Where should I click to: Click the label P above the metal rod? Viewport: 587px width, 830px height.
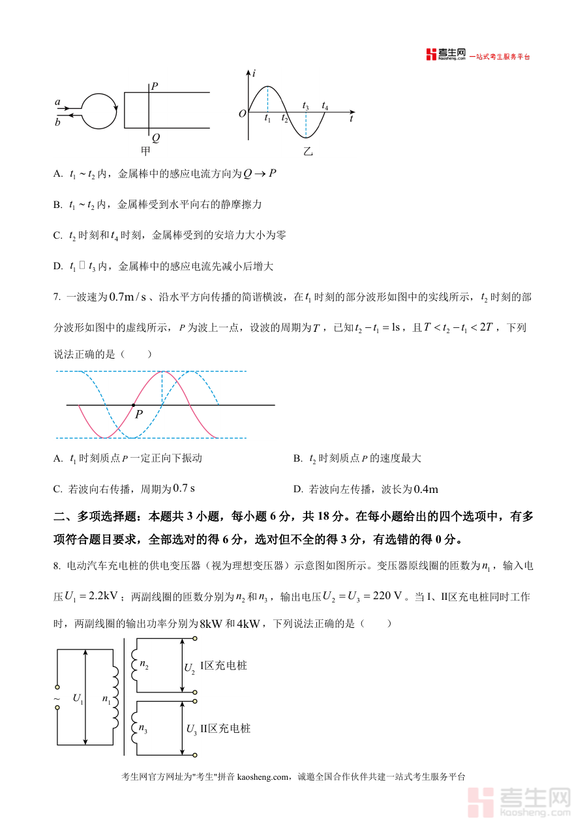pos(154,85)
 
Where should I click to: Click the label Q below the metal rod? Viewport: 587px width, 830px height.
pos(155,138)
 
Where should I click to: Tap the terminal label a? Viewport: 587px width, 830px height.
pos(57,102)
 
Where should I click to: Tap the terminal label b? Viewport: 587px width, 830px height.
pos(57,122)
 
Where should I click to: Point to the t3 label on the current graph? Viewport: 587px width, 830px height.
pos(305,106)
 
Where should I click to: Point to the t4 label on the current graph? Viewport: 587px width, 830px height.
pos(325,106)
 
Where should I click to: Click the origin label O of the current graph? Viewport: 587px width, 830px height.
pos(242,113)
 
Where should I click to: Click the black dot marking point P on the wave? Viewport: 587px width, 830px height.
pos(134,405)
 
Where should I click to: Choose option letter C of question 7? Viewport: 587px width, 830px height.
pos(57,489)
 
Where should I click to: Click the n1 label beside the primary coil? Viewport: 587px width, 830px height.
pos(107,699)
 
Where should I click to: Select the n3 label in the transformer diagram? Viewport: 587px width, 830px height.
pos(143,729)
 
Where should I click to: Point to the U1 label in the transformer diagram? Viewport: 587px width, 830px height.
pos(78,699)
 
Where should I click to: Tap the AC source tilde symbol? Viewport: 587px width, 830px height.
pos(57,698)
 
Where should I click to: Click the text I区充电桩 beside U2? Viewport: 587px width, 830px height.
pos(223,666)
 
